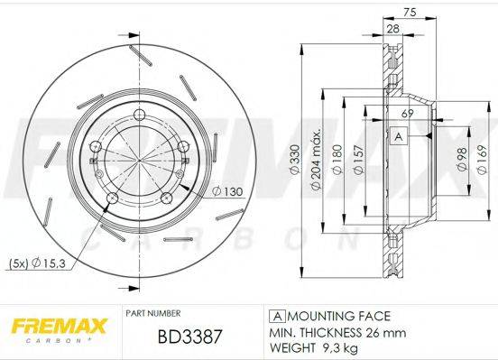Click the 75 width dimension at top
[410, 13]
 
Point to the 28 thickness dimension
[393, 30]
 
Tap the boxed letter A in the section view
[398, 136]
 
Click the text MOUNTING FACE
[337, 316]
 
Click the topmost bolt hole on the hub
[140, 113]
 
